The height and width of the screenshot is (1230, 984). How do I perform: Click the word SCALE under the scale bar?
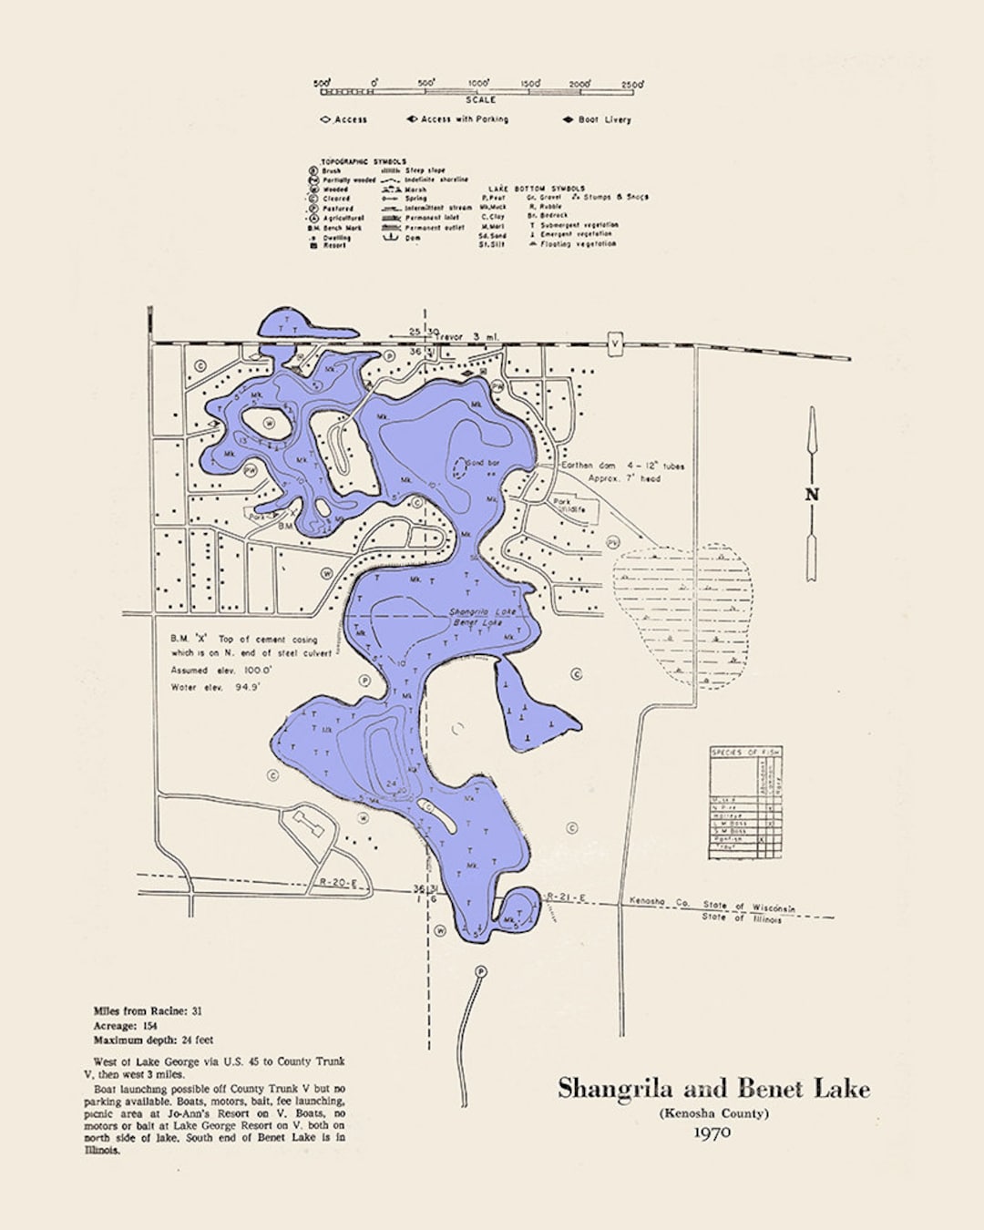click(481, 100)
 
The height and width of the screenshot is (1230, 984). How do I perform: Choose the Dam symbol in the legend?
click(391, 238)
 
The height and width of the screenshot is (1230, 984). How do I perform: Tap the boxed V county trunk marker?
click(615, 344)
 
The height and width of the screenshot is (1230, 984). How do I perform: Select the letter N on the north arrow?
click(811, 495)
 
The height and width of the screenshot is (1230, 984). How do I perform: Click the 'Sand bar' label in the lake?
click(483, 464)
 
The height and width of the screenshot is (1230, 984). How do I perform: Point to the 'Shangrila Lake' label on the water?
click(482, 612)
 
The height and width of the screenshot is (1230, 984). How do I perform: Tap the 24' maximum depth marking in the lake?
click(392, 783)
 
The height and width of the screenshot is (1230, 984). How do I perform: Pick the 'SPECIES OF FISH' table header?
click(745, 752)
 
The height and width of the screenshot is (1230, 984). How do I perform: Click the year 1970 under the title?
click(712, 1133)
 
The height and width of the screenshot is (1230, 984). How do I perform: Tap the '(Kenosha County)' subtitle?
click(714, 1112)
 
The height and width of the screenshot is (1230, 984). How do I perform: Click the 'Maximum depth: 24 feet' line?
click(153, 1040)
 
